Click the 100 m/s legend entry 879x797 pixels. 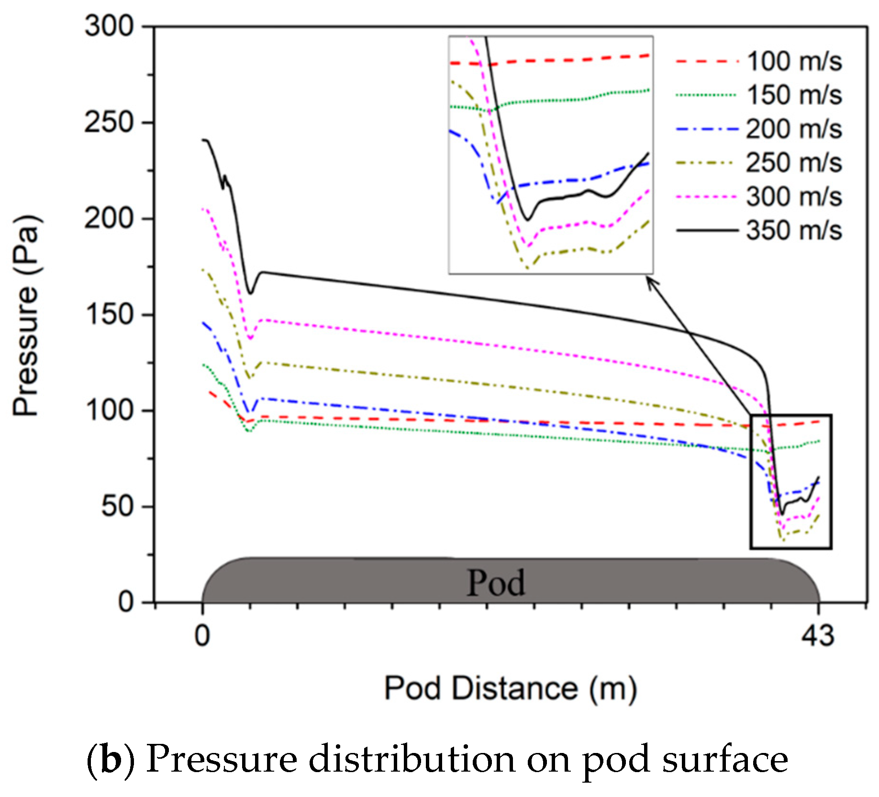759,61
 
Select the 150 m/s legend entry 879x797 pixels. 759,95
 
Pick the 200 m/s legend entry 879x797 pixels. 759,129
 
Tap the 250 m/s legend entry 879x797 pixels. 759,163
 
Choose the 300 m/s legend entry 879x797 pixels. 759,196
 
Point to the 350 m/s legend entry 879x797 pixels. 759,230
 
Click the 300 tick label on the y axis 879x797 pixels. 110,26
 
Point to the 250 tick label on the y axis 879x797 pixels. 110,122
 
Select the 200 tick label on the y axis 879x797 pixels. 110,218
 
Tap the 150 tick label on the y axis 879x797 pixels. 110,314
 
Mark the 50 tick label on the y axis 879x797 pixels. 118,506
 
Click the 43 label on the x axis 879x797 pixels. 818,636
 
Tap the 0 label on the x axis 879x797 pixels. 202,636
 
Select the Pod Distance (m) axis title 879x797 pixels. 511,689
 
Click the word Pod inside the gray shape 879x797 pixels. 496,583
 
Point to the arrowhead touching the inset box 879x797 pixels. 651,282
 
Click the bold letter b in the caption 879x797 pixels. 110,760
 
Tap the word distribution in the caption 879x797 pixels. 412,760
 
